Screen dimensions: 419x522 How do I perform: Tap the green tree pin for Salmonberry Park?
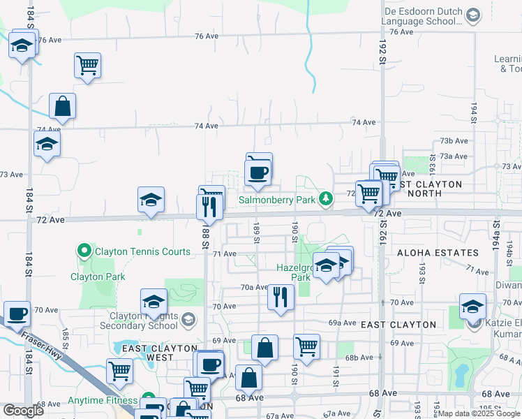[325, 200]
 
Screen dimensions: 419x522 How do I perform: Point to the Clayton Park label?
[98, 277]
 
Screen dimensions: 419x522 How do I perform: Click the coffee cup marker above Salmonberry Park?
[258, 172]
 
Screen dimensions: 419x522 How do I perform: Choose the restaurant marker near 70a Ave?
[281, 297]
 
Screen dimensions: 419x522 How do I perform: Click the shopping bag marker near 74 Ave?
[62, 108]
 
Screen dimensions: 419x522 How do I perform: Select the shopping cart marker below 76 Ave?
[87, 66]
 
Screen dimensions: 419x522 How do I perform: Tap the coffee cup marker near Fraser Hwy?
[17, 313]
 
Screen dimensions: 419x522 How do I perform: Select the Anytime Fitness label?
[103, 401]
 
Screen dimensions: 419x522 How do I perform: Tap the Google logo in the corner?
[23, 411]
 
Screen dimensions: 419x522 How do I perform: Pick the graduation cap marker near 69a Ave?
[472, 307]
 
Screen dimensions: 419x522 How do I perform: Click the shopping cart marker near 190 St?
[306, 346]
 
